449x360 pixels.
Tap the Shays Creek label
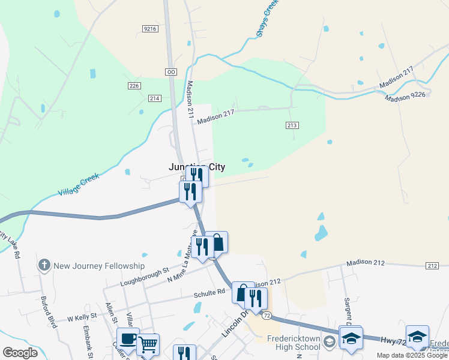[268, 19]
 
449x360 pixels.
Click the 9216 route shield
[150, 29]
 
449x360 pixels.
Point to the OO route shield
[171, 71]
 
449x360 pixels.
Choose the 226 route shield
[134, 86]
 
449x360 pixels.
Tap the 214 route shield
[155, 98]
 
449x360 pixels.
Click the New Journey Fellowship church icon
[44, 265]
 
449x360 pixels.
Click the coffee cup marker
[128, 338]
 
